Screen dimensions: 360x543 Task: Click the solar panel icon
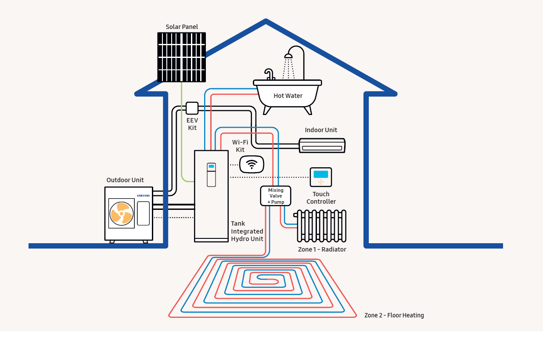point(182,57)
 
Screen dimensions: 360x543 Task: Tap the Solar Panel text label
point(182,27)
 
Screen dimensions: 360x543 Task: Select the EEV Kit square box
point(192,108)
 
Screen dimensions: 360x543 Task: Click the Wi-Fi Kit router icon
point(252,164)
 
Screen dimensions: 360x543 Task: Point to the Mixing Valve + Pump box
point(276,196)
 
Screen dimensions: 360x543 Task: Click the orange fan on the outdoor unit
point(121,213)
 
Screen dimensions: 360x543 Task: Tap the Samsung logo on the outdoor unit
point(143,196)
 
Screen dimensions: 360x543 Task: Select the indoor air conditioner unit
point(322,145)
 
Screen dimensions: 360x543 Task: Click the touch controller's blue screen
point(321,174)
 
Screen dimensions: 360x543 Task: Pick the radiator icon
point(321,226)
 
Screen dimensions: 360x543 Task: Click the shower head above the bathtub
point(288,56)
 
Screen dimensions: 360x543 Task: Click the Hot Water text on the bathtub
point(288,96)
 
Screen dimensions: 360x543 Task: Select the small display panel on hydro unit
point(212,167)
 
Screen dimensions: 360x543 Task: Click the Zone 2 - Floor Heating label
point(394,315)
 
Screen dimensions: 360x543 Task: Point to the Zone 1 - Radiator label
point(322,249)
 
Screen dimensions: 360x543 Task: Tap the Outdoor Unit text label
point(125,180)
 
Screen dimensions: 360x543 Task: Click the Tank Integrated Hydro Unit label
point(247,231)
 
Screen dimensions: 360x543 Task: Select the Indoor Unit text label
point(321,130)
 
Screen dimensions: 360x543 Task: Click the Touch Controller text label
point(321,198)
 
